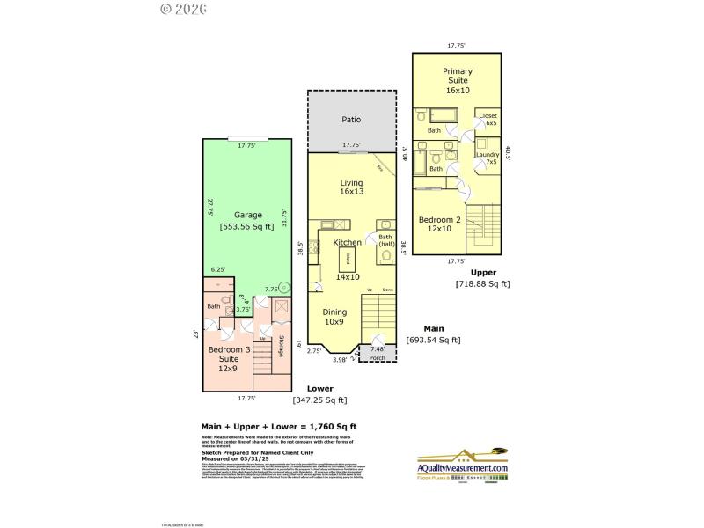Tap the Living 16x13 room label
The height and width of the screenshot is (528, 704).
point(351,187)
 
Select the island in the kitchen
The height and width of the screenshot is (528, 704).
point(347,258)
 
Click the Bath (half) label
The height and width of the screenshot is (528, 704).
point(385,240)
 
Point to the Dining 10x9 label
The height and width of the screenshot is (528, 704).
point(334,317)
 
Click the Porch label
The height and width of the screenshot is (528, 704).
point(378,358)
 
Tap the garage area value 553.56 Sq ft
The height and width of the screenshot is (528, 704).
point(246,226)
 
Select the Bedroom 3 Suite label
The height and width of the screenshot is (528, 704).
point(223,359)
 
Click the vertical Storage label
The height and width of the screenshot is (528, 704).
point(281,346)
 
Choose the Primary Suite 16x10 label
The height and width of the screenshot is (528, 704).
point(457,80)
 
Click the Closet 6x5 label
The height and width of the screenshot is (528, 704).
point(488,120)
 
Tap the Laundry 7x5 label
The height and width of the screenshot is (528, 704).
point(488,158)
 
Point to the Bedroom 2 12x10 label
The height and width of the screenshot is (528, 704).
point(436,224)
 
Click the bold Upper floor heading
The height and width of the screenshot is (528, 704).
point(482,273)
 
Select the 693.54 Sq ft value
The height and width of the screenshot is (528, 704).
point(433,340)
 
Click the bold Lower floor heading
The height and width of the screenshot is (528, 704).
point(319,388)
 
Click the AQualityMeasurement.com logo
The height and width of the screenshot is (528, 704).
point(463,466)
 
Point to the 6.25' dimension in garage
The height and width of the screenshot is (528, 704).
point(217,270)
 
